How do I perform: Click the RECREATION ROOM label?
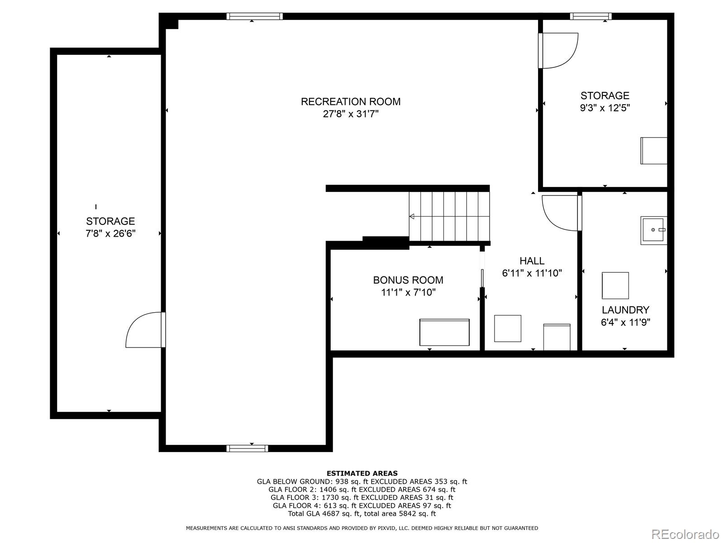pos(351,101)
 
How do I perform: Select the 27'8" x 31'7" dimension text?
pos(351,114)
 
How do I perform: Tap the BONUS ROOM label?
pos(408,280)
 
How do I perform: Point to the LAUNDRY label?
pos(625,310)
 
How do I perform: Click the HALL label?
pos(532,261)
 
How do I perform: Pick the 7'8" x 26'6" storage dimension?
pos(110,233)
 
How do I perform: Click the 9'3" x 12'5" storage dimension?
pos(605,108)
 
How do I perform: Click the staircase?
pos(449,217)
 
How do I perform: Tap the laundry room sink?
pos(653,230)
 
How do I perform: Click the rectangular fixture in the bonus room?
pos(444,332)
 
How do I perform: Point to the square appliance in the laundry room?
pos(615,286)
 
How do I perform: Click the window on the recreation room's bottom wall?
pos(247,448)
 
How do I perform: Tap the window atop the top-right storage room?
pos(591,16)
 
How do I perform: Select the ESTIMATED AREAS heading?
pos(362,473)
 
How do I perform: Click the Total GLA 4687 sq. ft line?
pos(362,514)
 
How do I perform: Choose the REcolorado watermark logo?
pos(688,534)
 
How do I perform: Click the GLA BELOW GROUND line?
pos(362,481)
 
